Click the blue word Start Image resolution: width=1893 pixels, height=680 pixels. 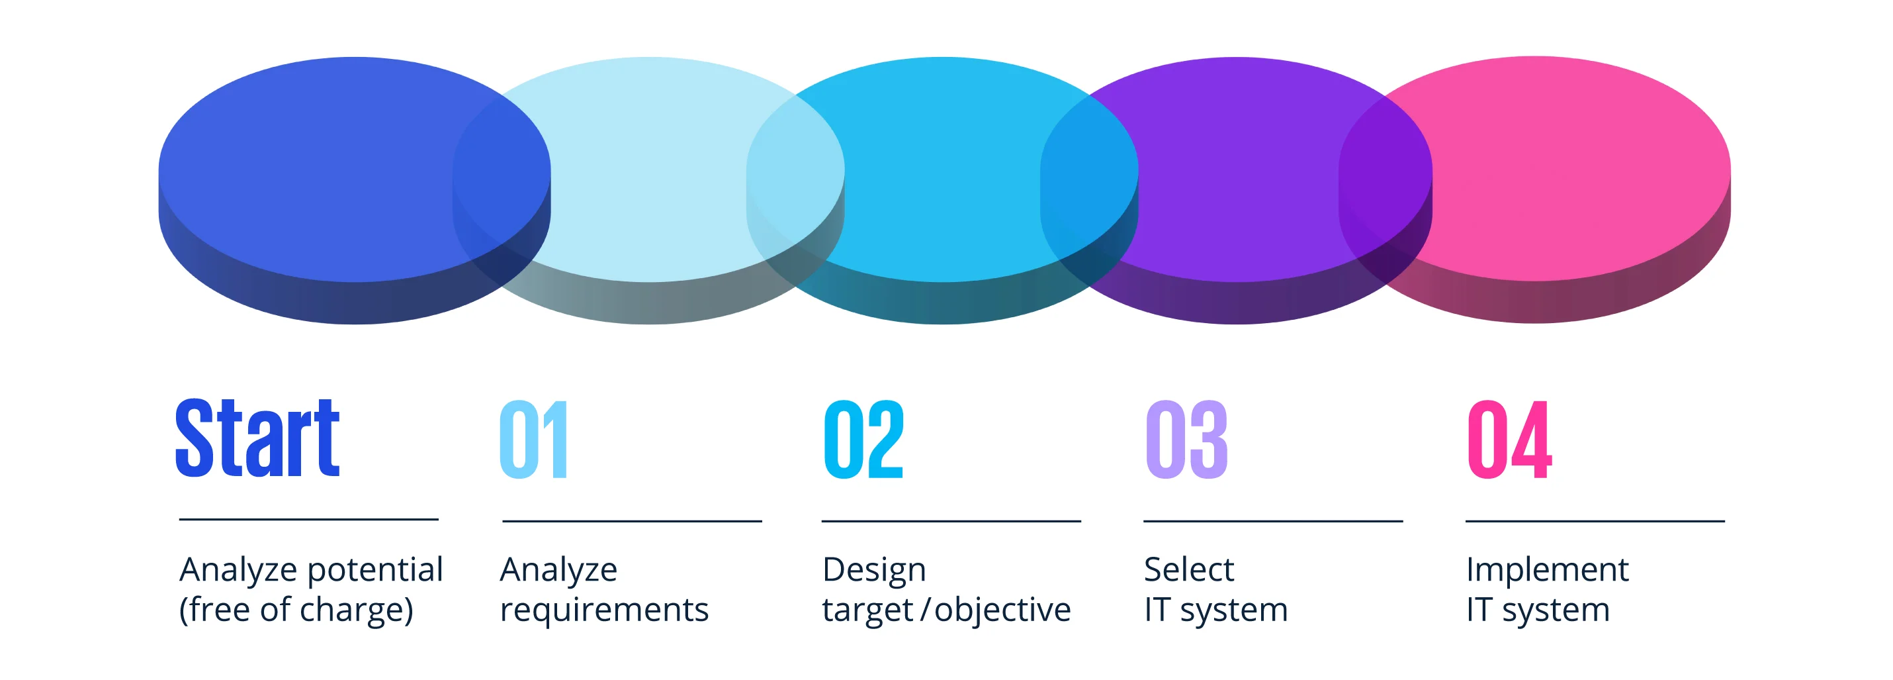coord(257,439)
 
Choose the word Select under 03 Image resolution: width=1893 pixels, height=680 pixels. coord(1188,569)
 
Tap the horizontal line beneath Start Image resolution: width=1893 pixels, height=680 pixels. coord(308,519)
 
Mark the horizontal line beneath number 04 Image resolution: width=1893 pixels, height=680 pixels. coord(1595,521)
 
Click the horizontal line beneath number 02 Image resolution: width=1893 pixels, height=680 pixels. coord(951,521)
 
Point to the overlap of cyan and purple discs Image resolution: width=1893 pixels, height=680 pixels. coord(1089,176)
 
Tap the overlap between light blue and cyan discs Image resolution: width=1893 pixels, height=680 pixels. coord(795,176)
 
